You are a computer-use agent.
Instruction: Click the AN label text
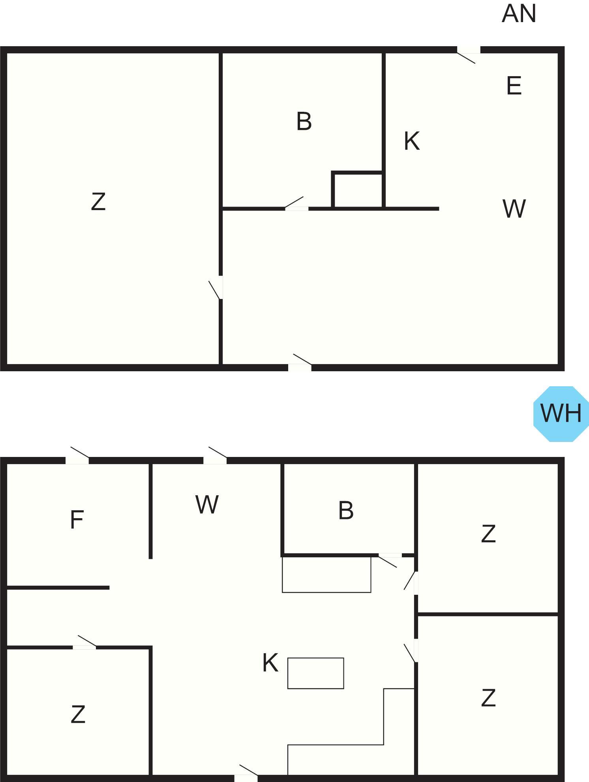pos(519,14)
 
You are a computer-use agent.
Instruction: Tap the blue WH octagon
pos(561,414)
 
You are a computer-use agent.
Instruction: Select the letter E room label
pos(514,86)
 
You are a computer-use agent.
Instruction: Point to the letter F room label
pos(77,520)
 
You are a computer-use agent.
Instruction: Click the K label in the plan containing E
pos(411,141)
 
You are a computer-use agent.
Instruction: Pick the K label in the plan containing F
pos(270,663)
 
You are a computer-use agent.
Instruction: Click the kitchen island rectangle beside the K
pos(315,673)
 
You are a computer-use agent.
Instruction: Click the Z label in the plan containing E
pos(98,201)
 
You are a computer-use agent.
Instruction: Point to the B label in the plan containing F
pos(346,510)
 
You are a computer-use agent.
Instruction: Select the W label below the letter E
pos(514,209)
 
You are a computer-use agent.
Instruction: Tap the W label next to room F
pos(207,504)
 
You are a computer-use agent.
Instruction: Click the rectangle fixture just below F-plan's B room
pos(326,575)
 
